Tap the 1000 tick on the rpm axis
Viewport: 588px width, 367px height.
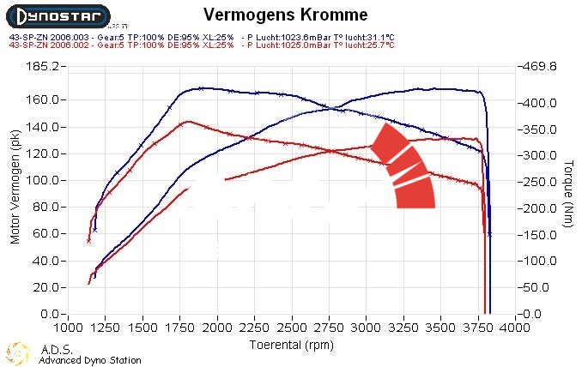[69, 327]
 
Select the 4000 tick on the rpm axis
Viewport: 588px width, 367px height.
[515, 327]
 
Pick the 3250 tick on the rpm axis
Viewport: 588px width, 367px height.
[403, 327]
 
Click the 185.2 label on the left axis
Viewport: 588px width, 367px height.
[41, 66]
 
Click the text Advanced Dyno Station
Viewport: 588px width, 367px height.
[90, 360]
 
